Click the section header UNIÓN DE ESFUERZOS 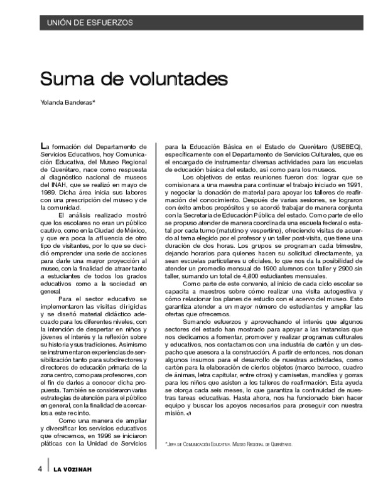pyautogui.click(x=86, y=23)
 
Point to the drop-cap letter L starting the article pyautogui.click(x=43, y=146)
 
